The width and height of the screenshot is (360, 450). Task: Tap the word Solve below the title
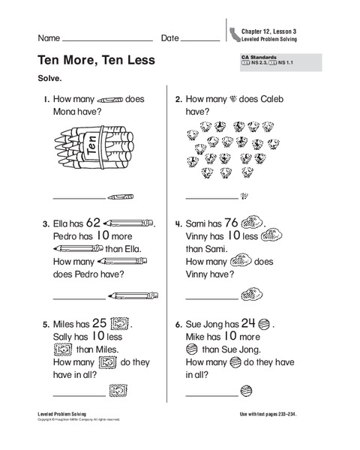50,77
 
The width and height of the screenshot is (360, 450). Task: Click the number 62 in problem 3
93,222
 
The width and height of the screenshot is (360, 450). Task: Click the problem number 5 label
45,325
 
